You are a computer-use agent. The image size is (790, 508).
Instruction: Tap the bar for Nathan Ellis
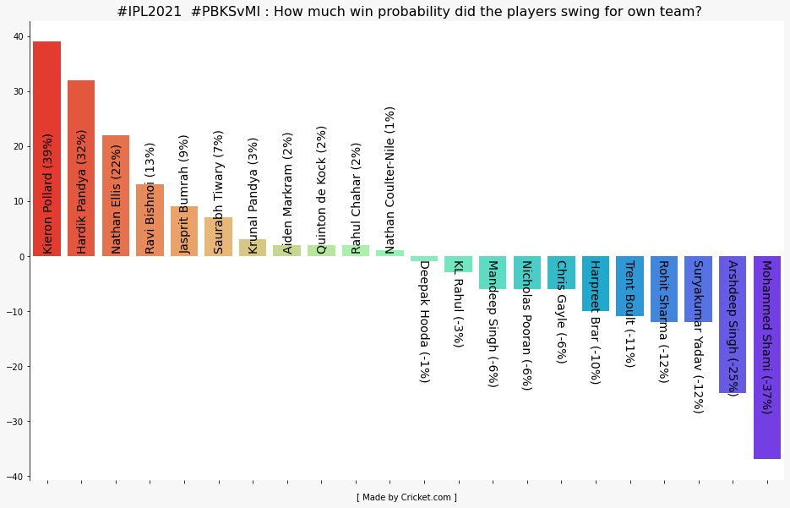116,152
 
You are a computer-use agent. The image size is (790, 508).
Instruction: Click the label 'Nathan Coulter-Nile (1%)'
390,179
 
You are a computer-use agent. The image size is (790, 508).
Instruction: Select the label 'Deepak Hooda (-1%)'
424,320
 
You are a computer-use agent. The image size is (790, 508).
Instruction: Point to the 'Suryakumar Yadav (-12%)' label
698,336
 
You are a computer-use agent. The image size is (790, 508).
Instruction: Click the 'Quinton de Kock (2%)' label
321,189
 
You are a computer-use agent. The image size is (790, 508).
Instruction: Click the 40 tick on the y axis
20,36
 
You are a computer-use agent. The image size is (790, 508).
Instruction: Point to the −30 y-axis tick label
17,422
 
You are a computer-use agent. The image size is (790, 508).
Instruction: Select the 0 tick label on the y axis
23,256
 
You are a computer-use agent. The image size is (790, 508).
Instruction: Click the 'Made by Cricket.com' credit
406,497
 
